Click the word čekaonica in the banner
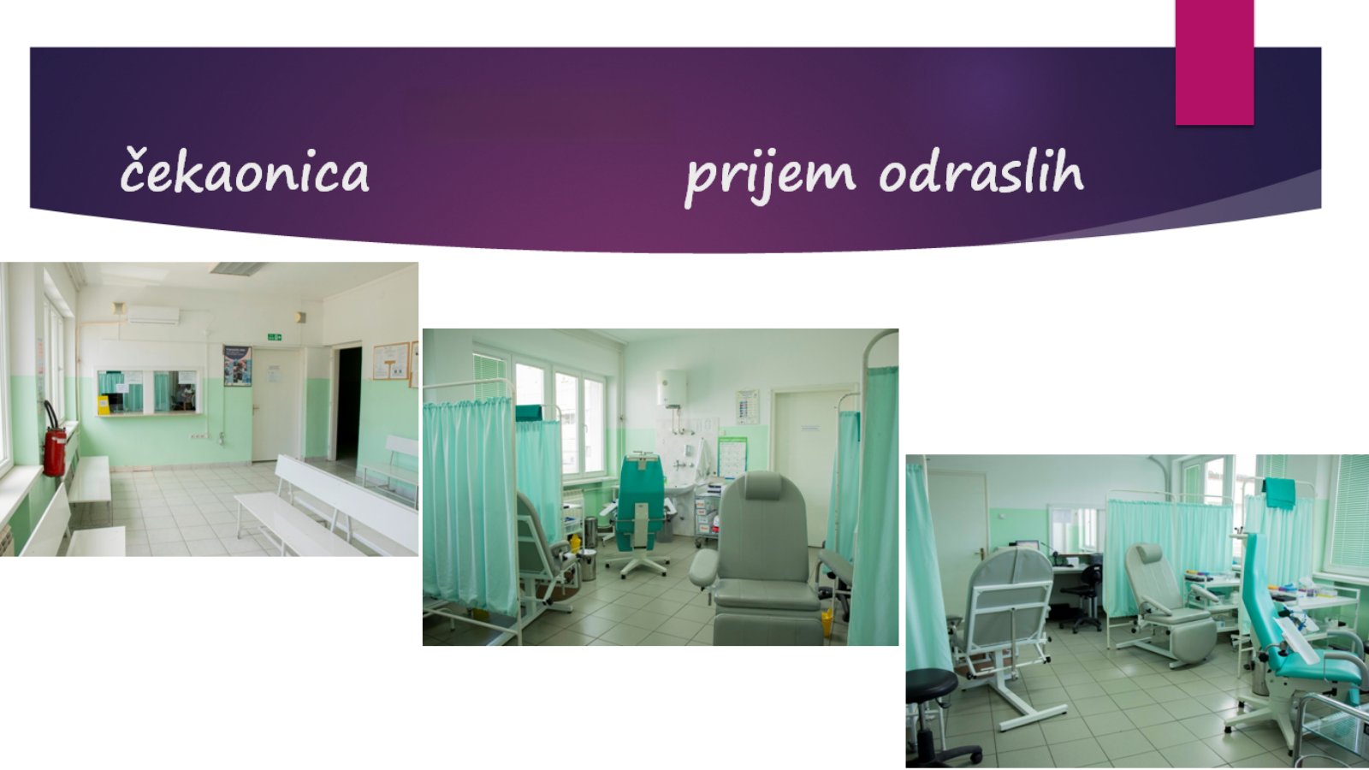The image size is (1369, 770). (x=245, y=169)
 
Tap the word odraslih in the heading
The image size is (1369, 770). (x=981, y=169)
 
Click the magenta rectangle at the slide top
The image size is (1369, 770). (x=1214, y=62)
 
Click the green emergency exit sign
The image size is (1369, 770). (x=275, y=337)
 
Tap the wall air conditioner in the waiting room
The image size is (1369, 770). (x=153, y=316)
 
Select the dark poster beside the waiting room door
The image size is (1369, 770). (x=237, y=365)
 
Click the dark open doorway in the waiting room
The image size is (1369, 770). (x=348, y=403)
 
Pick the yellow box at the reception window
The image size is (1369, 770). (x=104, y=405)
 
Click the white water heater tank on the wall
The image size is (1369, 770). (x=672, y=388)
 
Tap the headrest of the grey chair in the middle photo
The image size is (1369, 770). (x=763, y=486)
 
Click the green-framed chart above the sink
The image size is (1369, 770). (x=732, y=457)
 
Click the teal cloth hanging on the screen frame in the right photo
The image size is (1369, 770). (x=1279, y=493)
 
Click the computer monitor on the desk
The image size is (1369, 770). (x=1028, y=547)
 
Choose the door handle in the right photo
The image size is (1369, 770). (x=979, y=553)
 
